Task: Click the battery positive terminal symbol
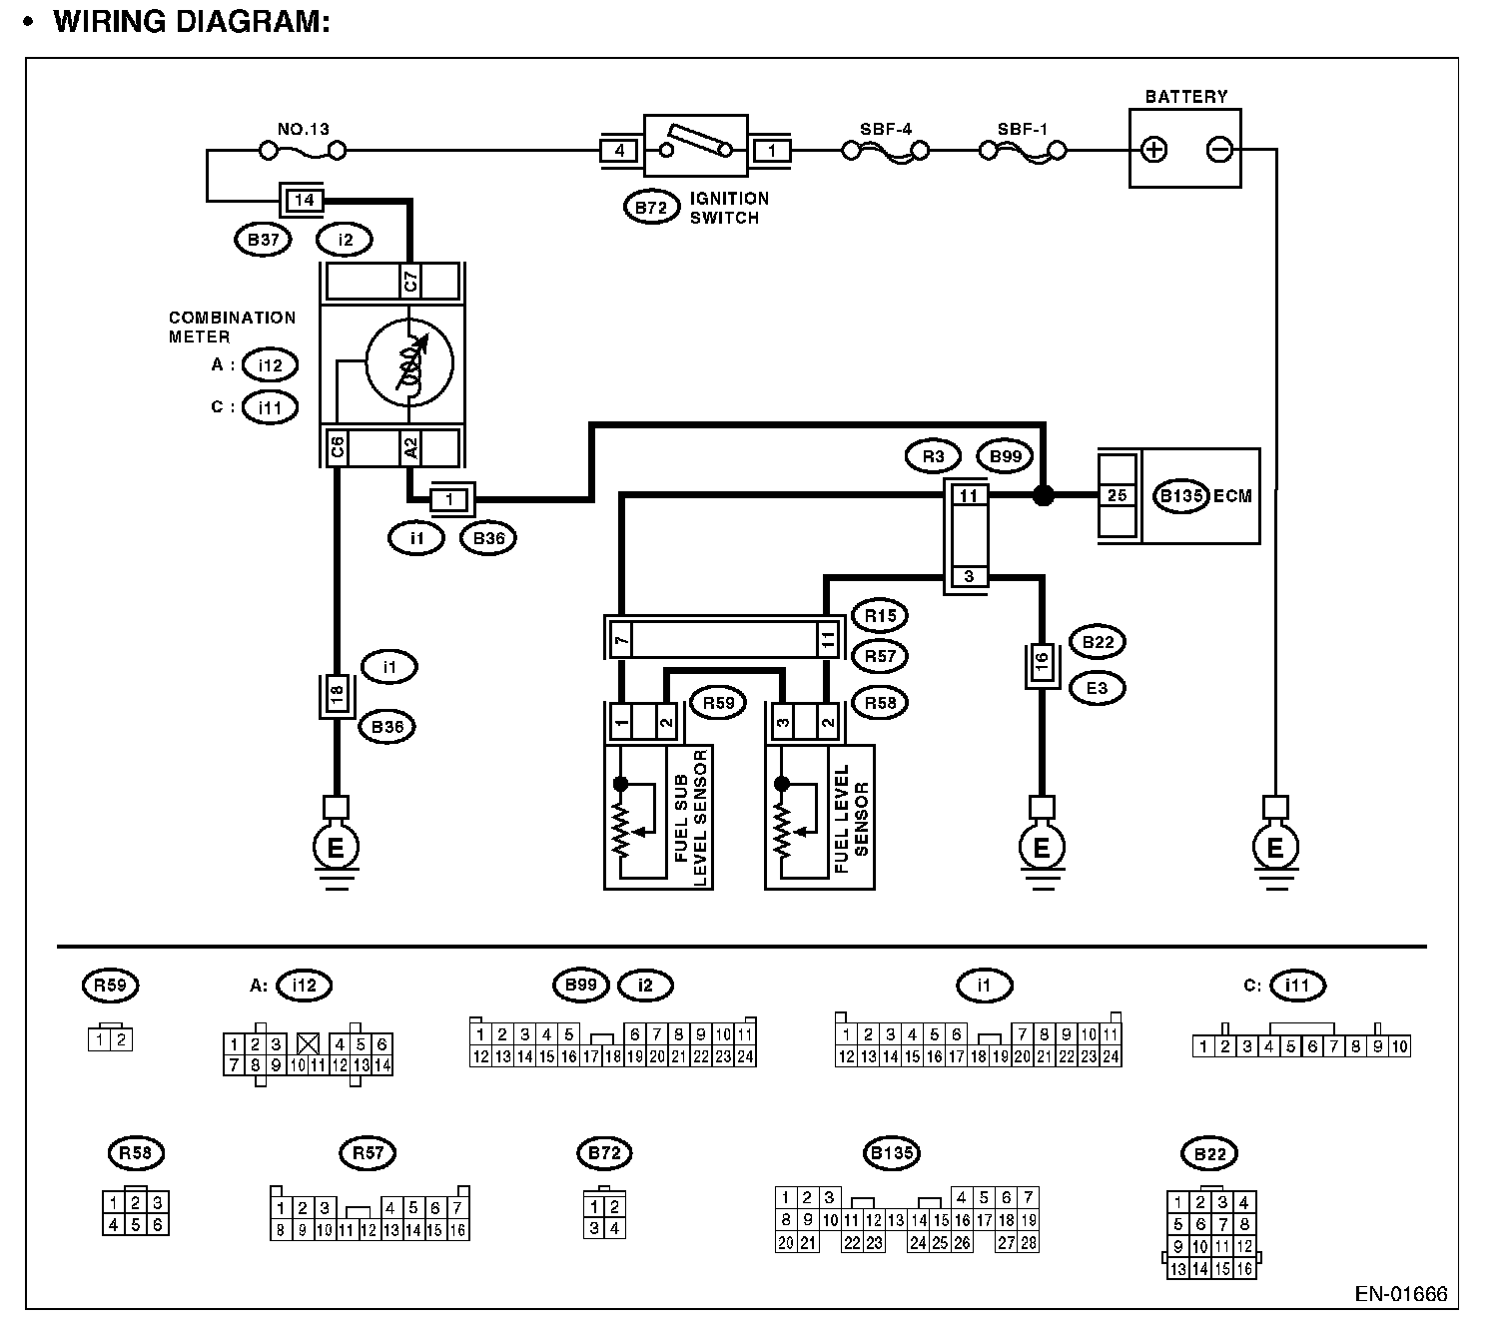(1154, 151)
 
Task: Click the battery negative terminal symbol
(1219, 151)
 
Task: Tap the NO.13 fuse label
(303, 129)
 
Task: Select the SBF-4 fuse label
(886, 129)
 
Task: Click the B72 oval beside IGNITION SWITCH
(651, 208)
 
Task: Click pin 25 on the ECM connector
(1118, 494)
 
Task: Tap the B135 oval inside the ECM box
(1180, 496)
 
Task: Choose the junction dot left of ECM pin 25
(1043, 495)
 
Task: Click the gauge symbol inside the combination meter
(409, 361)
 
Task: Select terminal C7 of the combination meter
(409, 282)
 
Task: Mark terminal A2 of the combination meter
(409, 447)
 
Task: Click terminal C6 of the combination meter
(338, 447)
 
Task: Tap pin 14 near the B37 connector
(305, 200)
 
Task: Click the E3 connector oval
(1097, 688)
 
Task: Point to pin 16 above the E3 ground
(1042, 664)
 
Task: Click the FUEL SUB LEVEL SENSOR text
(691, 817)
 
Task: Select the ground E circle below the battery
(1275, 848)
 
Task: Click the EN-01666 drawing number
(1400, 1294)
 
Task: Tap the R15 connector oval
(880, 616)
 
